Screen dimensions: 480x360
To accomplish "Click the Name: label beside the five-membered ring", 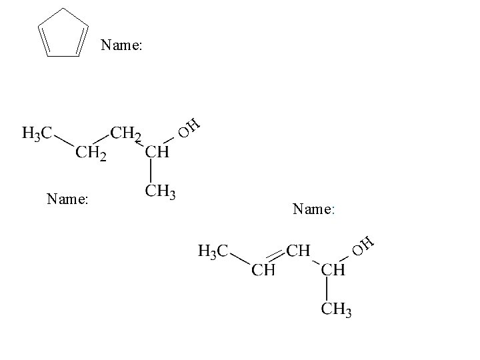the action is (121, 46).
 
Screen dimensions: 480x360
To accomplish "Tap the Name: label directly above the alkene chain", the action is (313, 209).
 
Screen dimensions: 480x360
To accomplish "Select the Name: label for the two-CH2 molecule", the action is (67, 198).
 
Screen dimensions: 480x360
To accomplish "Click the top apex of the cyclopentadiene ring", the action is (63, 9).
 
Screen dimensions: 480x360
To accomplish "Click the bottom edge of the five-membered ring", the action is (63, 55).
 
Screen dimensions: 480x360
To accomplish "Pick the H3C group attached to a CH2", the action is (36, 133).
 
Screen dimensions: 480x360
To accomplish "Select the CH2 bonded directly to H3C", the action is (91, 153).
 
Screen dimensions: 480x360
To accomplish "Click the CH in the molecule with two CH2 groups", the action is (157, 153).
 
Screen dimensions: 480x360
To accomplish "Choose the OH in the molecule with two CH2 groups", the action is (189, 127).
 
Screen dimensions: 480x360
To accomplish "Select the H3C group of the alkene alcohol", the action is (213, 251).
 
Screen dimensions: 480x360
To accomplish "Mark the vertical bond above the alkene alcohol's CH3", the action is (327, 289).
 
